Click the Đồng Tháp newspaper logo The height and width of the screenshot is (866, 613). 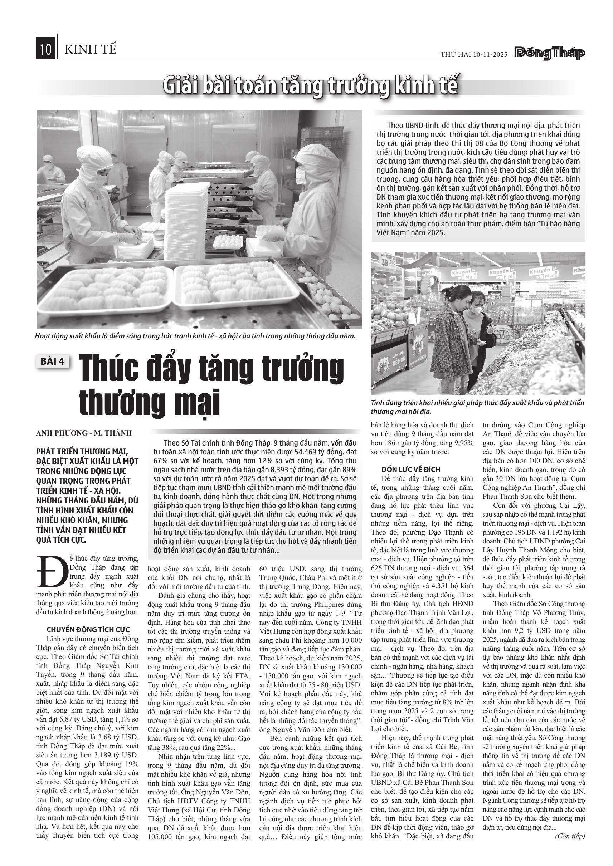click(x=549, y=54)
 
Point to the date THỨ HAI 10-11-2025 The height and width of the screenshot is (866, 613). click(x=474, y=55)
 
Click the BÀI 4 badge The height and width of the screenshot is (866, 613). click(x=53, y=361)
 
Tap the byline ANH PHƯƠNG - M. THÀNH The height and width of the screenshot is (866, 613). click(x=84, y=433)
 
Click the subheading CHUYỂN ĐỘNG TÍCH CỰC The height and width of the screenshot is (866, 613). click(x=88, y=630)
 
